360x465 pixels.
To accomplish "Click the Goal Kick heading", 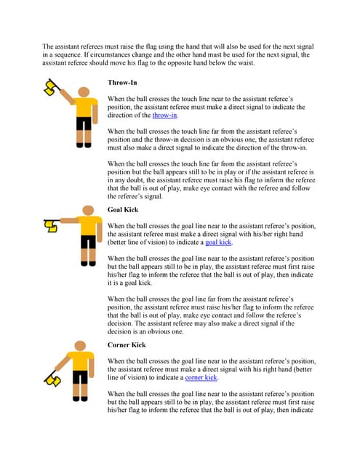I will click(123, 209).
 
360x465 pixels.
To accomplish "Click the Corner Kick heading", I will click(127, 344).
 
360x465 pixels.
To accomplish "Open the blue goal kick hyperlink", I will click(219, 242).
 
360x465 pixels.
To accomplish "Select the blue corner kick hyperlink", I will click(201, 378).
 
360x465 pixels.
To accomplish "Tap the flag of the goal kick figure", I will click(51, 226).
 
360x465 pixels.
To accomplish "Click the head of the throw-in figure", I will click(84, 92).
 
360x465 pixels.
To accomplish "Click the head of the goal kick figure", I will click(89, 210).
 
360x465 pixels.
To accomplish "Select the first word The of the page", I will click(49, 46).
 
